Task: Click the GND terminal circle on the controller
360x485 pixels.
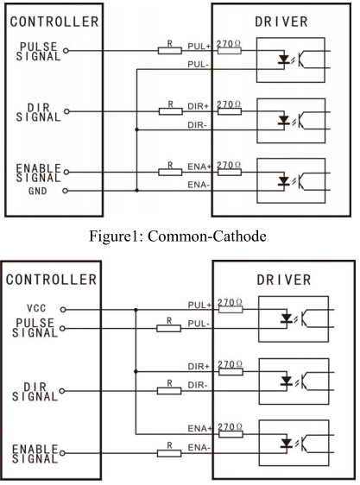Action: (x=65, y=191)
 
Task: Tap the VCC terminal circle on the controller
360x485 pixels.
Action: (x=63, y=309)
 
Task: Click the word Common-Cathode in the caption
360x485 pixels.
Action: (x=207, y=236)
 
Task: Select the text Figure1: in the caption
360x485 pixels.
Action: (x=117, y=236)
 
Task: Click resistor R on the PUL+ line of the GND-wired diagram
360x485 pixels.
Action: (x=169, y=50)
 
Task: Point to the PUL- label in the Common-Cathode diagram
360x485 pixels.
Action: (x=198, y=65)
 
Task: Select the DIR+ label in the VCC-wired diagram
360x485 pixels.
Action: (x=199, y=367)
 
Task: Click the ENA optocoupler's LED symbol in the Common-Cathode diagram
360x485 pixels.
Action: (x=283, y=180)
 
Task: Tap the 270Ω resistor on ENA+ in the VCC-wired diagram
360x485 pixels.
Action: (x=231, y=434)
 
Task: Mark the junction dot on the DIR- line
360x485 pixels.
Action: (x=136, y=130)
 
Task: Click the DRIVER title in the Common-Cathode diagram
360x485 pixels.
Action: (x=281, y=22)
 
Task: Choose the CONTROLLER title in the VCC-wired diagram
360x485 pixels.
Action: (x=52, y=280)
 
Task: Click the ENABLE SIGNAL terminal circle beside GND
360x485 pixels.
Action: (x=66, y=172)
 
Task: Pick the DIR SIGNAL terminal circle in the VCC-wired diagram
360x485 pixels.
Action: (x=62, y=391)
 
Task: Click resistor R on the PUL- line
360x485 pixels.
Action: (x=168, y=328)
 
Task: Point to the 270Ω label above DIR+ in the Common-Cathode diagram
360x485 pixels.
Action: (x=229, y=104)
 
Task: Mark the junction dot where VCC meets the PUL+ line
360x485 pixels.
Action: (x=136, y=309)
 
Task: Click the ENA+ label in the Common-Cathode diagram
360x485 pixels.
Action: (x=199, y=167)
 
